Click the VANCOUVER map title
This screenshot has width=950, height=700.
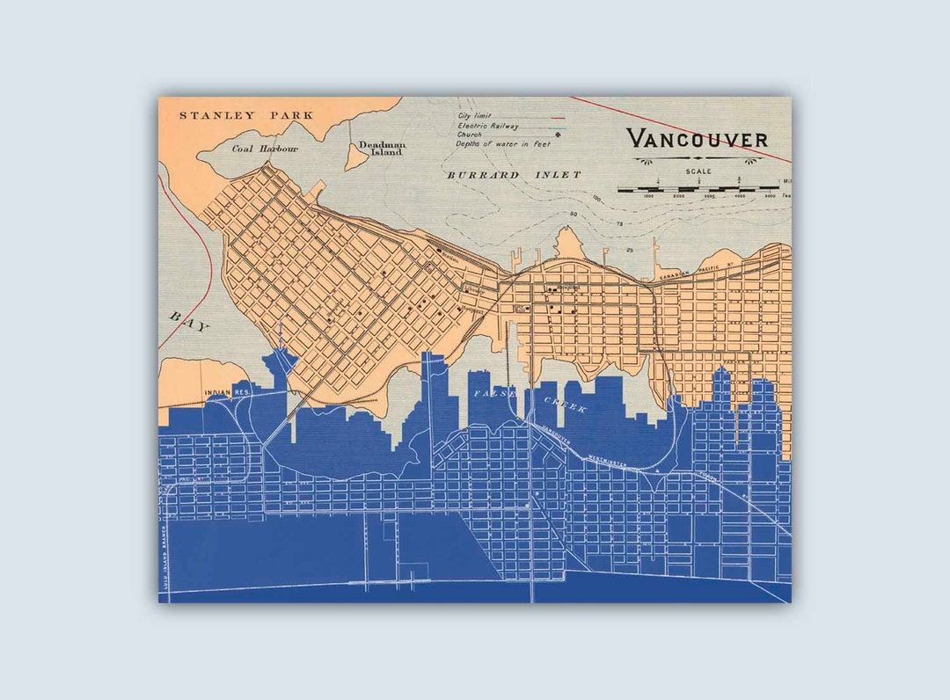[x=697, y=139]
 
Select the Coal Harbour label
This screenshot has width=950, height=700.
[x=265, y=149]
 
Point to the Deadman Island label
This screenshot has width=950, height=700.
[x=380, y=149]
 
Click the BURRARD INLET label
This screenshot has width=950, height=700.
[x=514, y=175]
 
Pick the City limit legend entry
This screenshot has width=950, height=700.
[x=474, y=115]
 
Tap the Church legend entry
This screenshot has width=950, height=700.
[x=469, y=135]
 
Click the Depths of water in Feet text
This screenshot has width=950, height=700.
[x=491, y=144]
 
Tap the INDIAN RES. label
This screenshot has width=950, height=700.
[x=222, y=393]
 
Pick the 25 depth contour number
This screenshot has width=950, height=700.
[x=629, y=251]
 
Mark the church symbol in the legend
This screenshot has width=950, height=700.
[x=531, y=135]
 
